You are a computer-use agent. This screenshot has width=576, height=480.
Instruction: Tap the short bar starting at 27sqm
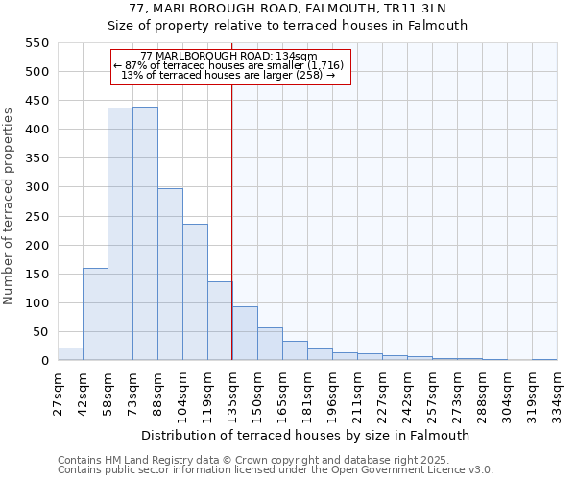tap(70, 353)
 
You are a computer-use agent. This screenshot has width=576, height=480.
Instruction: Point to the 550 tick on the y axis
tap(36, 43)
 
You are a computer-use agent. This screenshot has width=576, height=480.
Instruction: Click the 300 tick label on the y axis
tap(36, 187)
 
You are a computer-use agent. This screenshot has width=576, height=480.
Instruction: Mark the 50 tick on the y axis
tap(39, 332)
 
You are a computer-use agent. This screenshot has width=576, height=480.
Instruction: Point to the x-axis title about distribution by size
tap(306, 435)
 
